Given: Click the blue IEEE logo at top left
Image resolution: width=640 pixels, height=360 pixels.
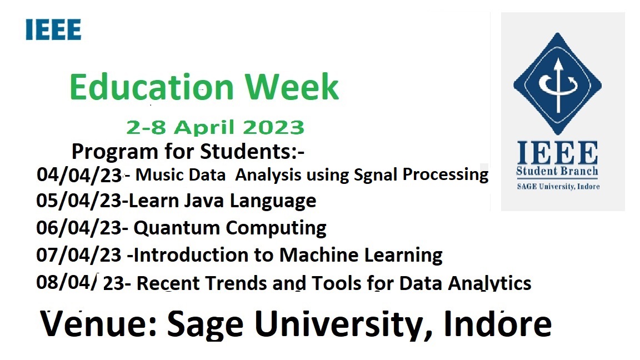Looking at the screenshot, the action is coord(53,29).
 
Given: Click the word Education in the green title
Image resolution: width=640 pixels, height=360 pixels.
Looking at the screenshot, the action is coord(152,87).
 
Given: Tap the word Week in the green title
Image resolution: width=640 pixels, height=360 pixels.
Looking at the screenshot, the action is coord(292,87).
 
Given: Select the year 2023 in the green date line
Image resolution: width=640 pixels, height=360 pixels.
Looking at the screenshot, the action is coord(274,127).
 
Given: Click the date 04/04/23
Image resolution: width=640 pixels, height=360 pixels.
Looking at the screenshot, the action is coord(79,174).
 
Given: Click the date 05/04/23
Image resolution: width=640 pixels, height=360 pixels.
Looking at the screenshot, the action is coord(79,201).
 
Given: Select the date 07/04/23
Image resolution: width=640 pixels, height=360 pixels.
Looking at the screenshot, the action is coord(79,255).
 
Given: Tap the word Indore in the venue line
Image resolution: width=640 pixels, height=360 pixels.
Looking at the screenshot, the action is coord(498,324).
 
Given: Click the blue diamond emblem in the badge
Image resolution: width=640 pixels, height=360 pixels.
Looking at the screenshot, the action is coord(558,84).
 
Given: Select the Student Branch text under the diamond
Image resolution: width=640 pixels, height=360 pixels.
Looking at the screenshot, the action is coord(557,171).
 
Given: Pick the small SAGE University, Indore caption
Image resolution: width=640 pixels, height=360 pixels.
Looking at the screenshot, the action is coord(558,187).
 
